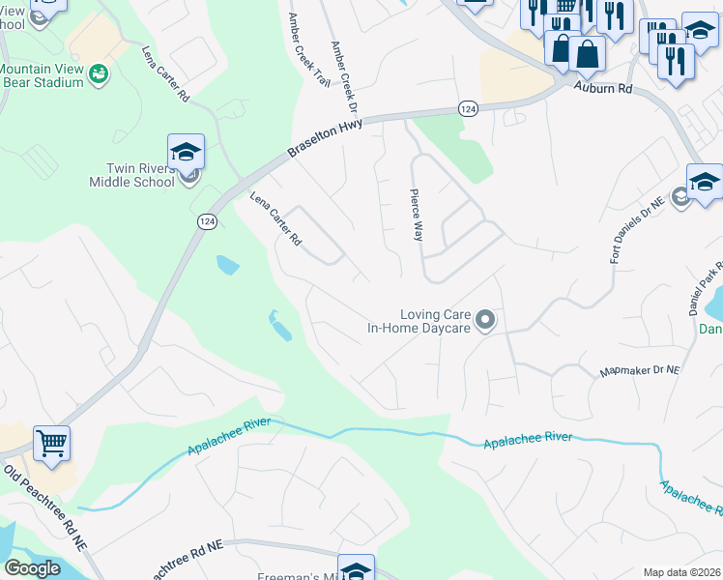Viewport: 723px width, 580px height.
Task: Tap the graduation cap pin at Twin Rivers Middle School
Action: click(186, 152)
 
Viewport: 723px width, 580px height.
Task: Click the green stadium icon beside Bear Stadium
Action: click(98, 74)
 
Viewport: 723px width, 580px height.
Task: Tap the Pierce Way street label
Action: click(418, 215)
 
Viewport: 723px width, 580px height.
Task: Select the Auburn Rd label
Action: click(601, 88)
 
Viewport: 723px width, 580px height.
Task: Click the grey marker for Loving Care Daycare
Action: click(486, 319)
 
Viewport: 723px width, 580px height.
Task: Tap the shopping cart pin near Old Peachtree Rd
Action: click(52, 444)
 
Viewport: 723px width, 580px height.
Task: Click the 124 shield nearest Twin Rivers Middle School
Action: click(207, 221)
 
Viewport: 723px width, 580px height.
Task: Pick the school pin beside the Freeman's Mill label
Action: click(355, 569)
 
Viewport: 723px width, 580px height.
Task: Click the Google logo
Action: click(32, 568)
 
